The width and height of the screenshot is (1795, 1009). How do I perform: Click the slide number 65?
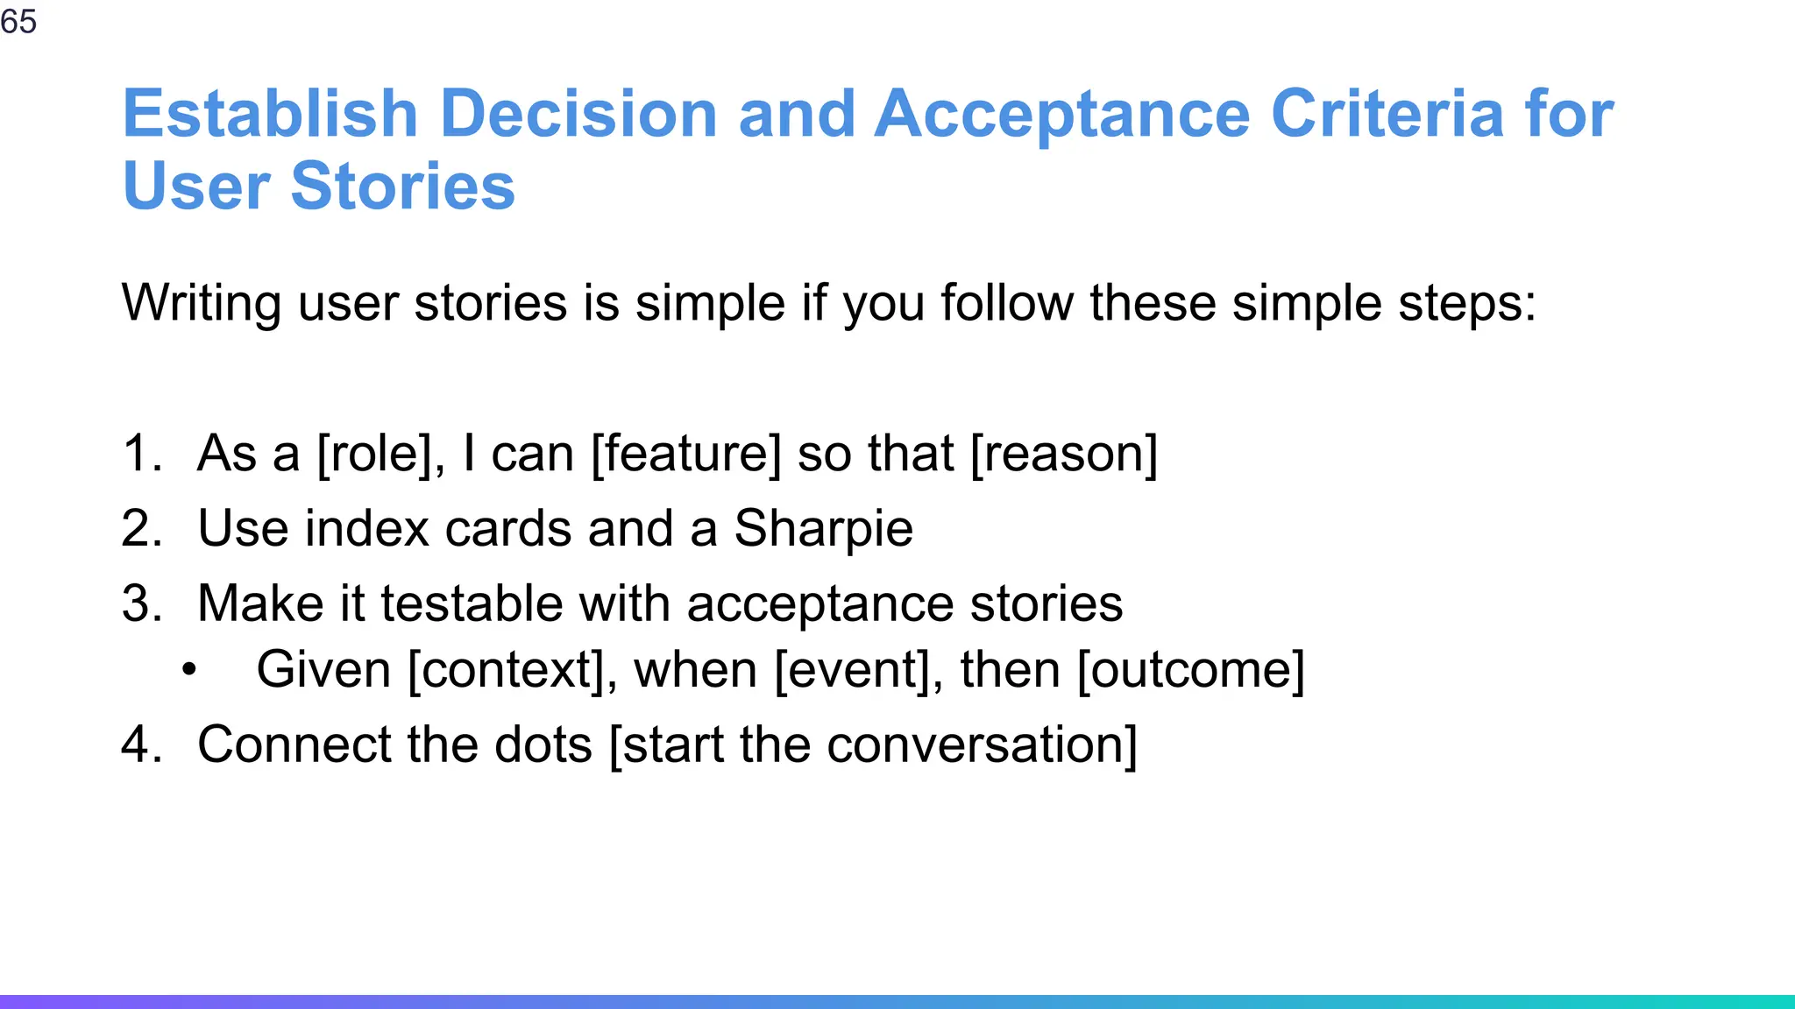[x=18, y=21]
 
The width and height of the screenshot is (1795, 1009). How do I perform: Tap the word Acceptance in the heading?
[x=1061, y=114]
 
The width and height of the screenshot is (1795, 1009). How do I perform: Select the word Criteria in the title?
[x=1387, y=114]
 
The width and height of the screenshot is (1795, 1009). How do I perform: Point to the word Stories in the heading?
[x=402, y=187]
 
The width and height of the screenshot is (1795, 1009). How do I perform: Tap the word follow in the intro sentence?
[x=1007, y=304]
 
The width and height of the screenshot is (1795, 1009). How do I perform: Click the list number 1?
[x=141, y=454]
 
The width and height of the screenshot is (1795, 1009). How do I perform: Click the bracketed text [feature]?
[x=685, y=454]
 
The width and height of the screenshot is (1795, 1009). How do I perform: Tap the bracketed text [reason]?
[x=1064, y=454]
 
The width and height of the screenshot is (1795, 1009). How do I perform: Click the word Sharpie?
[x=823, y=529]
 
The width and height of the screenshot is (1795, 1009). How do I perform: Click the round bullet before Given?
[x=189, y=671]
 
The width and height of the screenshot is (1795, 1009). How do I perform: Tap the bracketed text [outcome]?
[x=1190, y=670]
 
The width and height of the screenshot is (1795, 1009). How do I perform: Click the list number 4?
[x=141, y=745]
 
